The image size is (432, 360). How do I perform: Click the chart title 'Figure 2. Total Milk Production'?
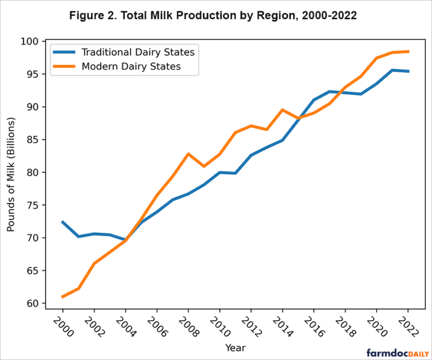pos(213,16)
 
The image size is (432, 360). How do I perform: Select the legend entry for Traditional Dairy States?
pos(138,52)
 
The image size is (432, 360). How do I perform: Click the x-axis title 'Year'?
pos(235,348)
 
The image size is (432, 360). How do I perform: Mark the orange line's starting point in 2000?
pos(62,296)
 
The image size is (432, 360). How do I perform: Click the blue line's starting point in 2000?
pos(62,222)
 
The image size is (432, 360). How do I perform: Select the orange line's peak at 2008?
pos(188,154)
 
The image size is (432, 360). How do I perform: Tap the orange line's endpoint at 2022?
pos(407,51)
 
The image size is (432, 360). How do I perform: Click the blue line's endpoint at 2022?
pos(407,71)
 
